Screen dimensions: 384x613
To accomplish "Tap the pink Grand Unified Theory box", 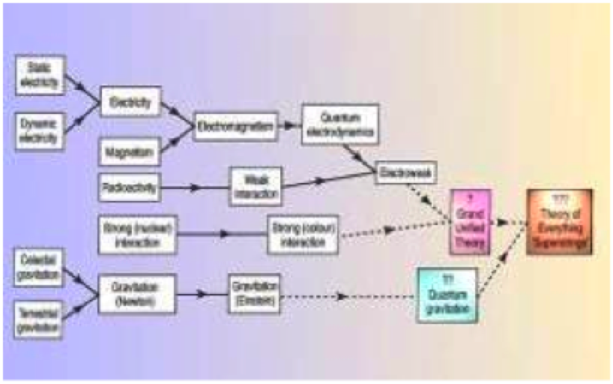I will point(470,222).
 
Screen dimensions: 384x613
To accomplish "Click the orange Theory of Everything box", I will point(559,222).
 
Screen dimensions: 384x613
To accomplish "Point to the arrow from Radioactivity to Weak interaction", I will point(195,188).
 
